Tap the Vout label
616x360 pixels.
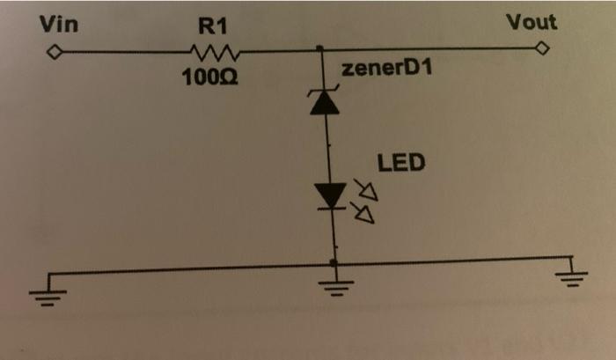click(531, 22)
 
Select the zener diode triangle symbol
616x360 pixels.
click(326, 104)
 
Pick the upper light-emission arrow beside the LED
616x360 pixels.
click(363, 188)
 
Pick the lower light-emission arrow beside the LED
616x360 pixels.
click(363, 211)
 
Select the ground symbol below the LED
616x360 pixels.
click(334, 283)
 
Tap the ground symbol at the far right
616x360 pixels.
click(573, 275)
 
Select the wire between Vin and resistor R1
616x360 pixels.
click(123, 54)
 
